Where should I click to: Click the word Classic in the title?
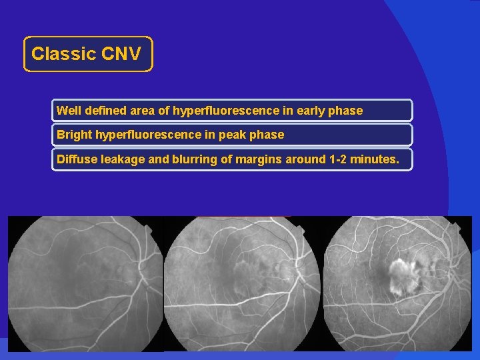pyautogui.click(x=64, y=54)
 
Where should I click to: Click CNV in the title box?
pyautogui.click(x=121, y=54)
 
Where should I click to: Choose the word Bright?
pyautogui.click(x=75, y=135)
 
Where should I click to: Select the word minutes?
pyautogui.click(x=375, y=159)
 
